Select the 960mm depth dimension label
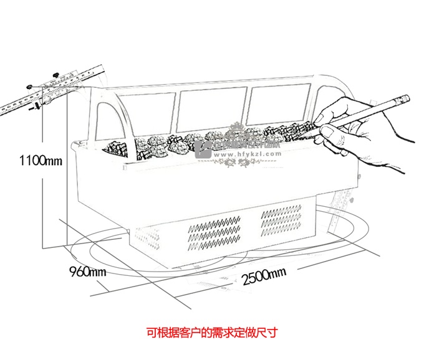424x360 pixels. [x=87, y=272]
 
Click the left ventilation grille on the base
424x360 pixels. [x=213, y=231]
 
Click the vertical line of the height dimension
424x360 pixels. [x=41, y=187]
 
